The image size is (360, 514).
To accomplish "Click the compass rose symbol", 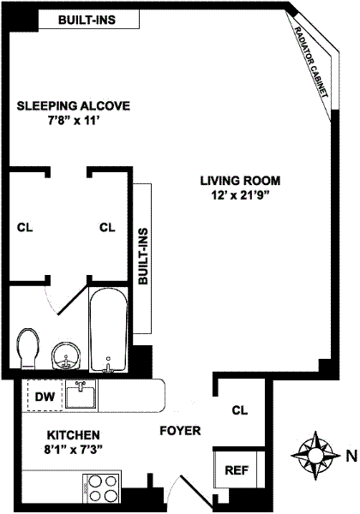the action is (315, 456).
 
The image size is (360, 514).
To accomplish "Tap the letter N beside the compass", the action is (351, 456).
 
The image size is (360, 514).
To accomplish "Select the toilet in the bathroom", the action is (28, 350).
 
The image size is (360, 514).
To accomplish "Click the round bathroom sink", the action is (66, 356).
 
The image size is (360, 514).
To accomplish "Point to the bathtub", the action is (109, 330).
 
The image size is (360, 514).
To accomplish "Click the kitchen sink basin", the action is (81, 394).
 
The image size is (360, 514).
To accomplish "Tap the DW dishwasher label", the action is (45, 397).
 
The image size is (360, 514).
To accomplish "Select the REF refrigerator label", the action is (237, 470).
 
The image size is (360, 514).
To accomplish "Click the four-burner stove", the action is (102, 489).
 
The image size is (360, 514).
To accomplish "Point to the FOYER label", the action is (180, 430).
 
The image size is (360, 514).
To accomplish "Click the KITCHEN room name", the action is (74, 435).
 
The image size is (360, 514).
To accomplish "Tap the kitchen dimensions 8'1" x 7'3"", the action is (74, 450).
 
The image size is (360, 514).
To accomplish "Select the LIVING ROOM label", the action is (240, 181).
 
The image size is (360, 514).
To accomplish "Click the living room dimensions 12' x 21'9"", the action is (241, 195).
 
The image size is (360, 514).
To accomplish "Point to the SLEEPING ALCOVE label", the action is (74, 106).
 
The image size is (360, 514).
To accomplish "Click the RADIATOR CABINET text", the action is (311, 62).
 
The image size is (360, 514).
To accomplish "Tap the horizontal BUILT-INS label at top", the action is (87, 20).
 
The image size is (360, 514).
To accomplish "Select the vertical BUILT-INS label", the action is (143, 256).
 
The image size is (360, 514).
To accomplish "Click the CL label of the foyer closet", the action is (240, 410).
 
